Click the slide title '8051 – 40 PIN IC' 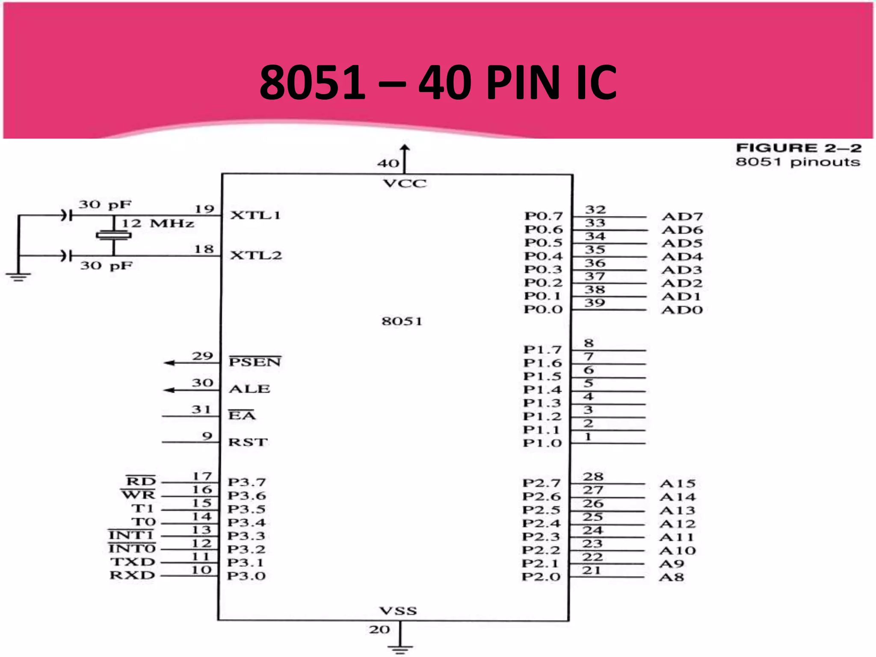(438, 82)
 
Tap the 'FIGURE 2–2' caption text (798, 148)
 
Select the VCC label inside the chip (405, 184)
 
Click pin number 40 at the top (388, 163)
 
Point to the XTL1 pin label (255, 215)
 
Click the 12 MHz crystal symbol (113, 235)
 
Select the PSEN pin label (255, 362)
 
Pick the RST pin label (248, 442)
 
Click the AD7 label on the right (682, 216)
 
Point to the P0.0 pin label (543, 309)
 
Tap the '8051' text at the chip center (402, 321)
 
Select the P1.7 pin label (542, 349)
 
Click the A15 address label (678, 484)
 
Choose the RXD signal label (133, 575)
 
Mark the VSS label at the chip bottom (398, 611)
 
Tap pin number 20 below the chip (379, 630)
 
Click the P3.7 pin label (247, 482)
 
